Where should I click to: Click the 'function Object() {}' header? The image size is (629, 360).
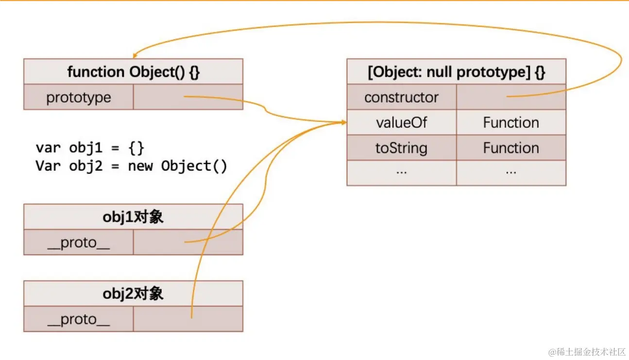pyautogui.click(x=133, y=72)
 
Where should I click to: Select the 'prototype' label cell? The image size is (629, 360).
pyautogui.click(x=78, y=97)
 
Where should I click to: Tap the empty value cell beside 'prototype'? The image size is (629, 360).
pyautogui.click(x=187, y=97)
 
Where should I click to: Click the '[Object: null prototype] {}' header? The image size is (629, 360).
pyautogui.click(x=456, y=72)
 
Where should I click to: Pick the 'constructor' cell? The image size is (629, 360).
pyautogui.click(x=401, y=97)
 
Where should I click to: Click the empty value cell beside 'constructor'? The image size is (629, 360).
pyautogui.click(x=511, y=97)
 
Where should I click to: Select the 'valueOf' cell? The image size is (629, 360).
pyautogui.click(x=401, y=122)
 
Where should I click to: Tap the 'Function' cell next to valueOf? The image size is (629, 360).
pyautogui.click(x=511, y=122)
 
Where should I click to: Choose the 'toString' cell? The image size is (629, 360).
pyautogui.click(x=401, y=148)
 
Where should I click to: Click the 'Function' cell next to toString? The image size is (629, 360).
pyautogui.click(x=511, y=148)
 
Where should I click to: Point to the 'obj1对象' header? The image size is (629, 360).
pyautogui.click(x=133, y=217)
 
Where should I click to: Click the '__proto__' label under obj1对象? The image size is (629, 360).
pyautogui.click(x=78, y=242)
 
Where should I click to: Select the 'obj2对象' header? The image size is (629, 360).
pyautogui.click(x=133, y=293)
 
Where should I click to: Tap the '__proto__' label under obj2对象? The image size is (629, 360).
pyautogui.click(x=78, y=319)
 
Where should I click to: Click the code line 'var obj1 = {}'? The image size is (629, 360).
pyautogui.click(x=90, y=147)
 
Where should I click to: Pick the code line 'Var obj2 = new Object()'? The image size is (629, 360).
pyautogui.click(x=131, y=166)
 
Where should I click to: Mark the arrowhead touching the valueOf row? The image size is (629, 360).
pyautogui.click(x=343, y=122)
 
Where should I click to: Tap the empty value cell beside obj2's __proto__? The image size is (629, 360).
pyautogui.click(x=187, y=319)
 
